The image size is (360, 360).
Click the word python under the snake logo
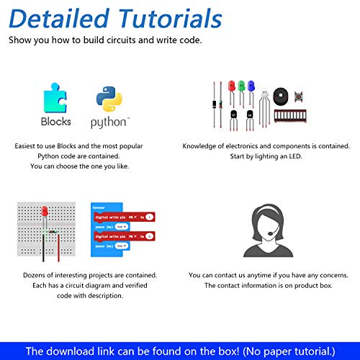tap(109, 122)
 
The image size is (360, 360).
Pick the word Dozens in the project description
tap(40, 275)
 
